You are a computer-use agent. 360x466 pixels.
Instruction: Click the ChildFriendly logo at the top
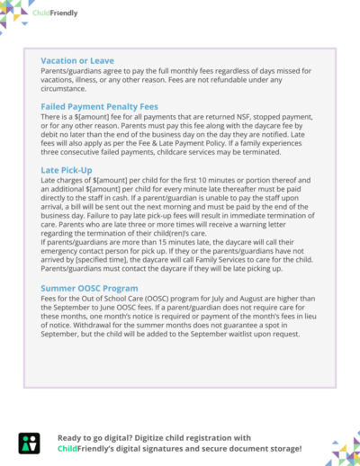57,13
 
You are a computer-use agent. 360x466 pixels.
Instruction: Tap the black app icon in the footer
29,442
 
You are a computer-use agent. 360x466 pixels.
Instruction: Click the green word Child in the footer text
68,447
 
